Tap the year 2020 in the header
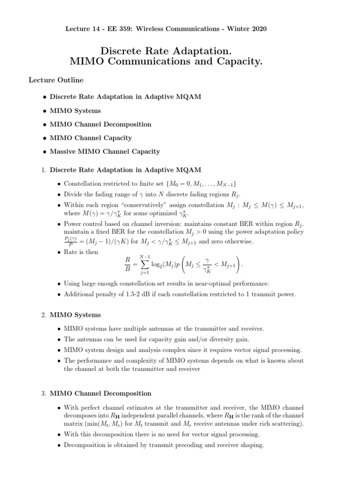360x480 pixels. point(258,29)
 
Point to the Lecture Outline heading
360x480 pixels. point(56,80)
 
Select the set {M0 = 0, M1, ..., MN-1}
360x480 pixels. point(197,183)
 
